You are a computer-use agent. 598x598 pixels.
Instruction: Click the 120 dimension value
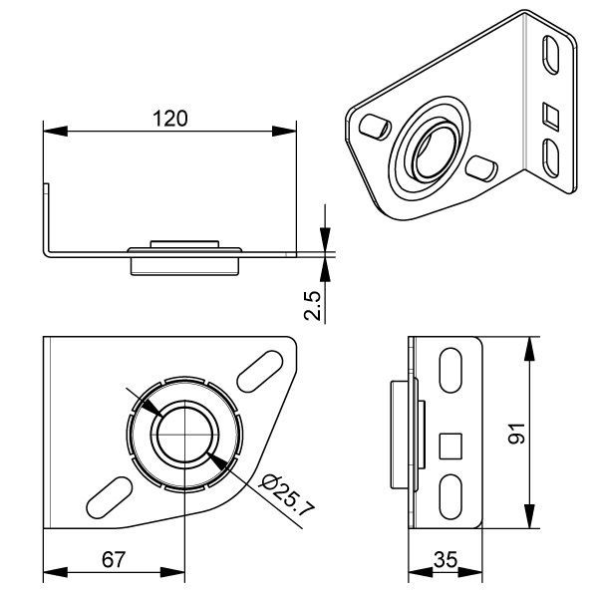click(x=170, y=118)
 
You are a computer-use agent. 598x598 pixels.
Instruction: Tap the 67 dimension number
click(x=115, y=559)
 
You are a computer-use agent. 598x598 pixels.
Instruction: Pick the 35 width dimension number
click(x=448, y=560)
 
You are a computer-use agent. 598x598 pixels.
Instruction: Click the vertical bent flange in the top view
click(x=45, y=214)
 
